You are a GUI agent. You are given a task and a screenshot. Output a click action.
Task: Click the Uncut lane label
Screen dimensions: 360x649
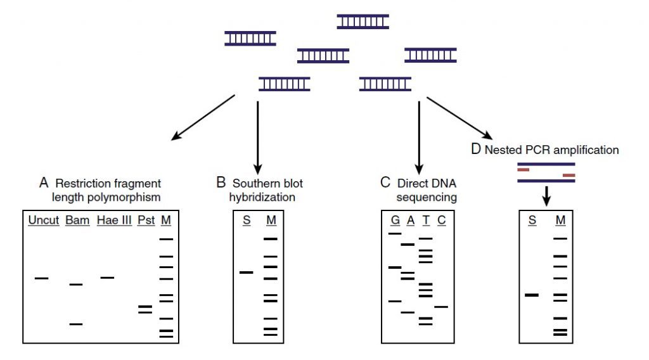pyautogui.click(x=44, y=221)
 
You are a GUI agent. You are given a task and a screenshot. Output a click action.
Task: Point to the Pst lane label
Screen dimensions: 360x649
pyautogui.click(x=145, y=221)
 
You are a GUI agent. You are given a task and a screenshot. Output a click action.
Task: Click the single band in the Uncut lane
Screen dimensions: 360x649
pyautogui.click(x=42, y=278)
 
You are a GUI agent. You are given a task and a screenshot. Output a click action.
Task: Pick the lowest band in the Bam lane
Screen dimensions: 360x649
pyautogui.click(x=76, y=324)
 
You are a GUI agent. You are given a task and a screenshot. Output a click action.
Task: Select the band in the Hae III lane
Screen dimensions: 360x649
pyautogui.click(x=107, y=278)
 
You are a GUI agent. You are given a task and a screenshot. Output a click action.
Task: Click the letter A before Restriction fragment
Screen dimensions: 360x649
pyautogui.click(x=44, y=183)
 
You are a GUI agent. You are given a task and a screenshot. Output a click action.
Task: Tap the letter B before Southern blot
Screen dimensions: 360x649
pyautogui.click(x=221, y=183)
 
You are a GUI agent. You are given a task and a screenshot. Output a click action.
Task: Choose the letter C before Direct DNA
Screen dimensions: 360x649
pyautogui.click(x=385, y=183)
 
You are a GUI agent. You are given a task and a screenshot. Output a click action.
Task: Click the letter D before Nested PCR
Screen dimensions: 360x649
pyautogui.click(x=476, y=150)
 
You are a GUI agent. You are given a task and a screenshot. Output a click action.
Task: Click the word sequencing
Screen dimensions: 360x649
pyautogui.click(x=427, y=197)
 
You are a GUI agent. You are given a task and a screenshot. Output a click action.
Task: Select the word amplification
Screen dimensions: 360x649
pyautogui.click(x=588, y=151)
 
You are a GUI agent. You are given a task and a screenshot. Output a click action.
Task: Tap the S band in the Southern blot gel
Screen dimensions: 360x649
pyautogui.click(x=246, y=273)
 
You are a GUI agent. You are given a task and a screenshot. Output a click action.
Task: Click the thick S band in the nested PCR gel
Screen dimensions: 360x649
pyautogui.click(x=532, y=295)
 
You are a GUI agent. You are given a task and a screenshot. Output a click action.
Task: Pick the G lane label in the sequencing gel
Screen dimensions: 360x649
pyautogui.click(x=395, y=221)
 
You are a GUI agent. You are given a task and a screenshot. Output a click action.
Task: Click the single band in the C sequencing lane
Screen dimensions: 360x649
pyautogui.click(x=441, y=307)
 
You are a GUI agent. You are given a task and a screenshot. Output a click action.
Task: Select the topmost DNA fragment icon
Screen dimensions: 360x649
pyautogui.click(x=363, y=22)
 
